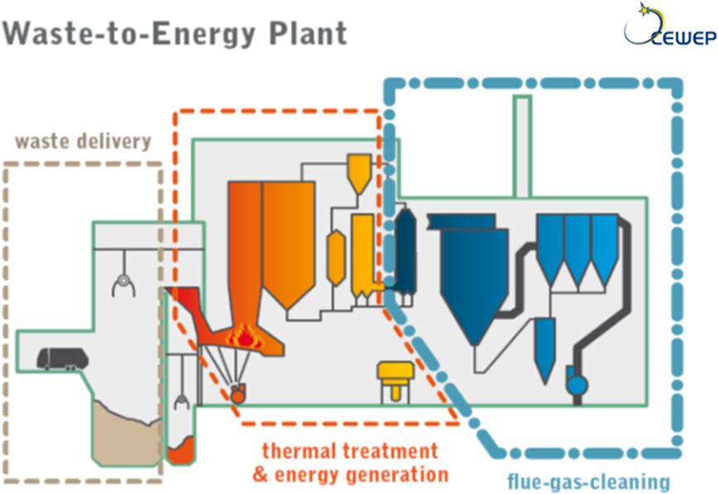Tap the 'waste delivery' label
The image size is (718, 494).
click(83, 141)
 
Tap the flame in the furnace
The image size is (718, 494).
click(245, 335)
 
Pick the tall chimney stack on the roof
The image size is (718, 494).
click(522, 145)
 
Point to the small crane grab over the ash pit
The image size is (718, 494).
click(181, 403)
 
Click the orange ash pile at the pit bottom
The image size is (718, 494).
click(181, 452)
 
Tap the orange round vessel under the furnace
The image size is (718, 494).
click(238, 394)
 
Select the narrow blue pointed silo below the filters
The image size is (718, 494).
click(544, 347)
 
